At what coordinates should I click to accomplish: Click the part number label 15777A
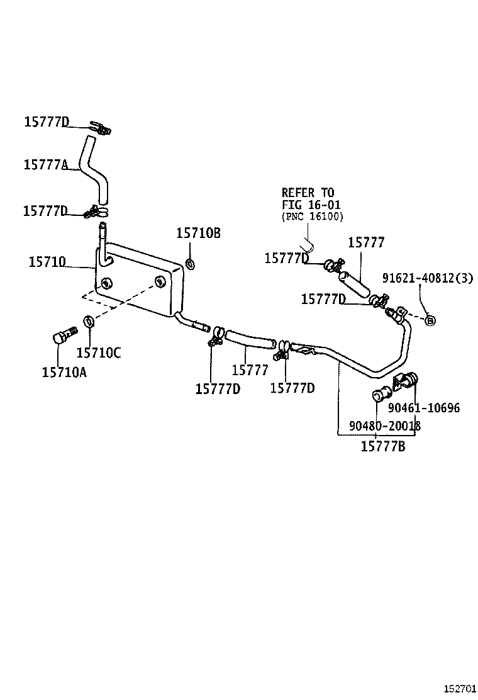click(x=45, y=164)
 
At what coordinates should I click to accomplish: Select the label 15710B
click(x=198, y=233)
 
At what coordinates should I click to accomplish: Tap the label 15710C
click(x=99, y=353)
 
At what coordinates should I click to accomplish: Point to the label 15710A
click(x=64, y=372)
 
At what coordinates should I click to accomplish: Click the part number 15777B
click(x=382, y=447)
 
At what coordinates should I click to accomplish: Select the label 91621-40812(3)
click(x=428, y=278)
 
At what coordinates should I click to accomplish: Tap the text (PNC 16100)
click(x=312, y=217)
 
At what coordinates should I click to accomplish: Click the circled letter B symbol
click(x=430, y=320)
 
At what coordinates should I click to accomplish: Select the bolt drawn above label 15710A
click(x=64, y=334)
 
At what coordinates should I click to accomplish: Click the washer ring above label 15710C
click(x=89, y=321)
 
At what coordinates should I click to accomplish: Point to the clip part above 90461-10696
click(x=405, y=381)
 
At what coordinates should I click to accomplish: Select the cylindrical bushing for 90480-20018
click(x=379, y=396)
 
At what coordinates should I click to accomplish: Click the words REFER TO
click(x=308, y=193)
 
